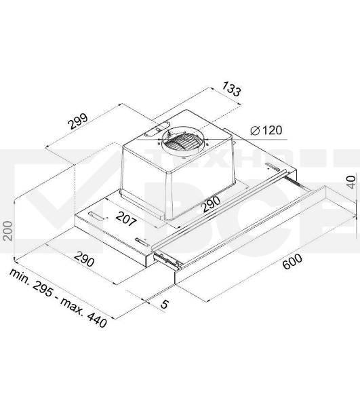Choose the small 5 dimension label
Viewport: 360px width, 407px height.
pyautogui.click(x=165, y=305)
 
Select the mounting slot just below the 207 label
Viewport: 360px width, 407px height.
pyautogui.click(x=140, y=242)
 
